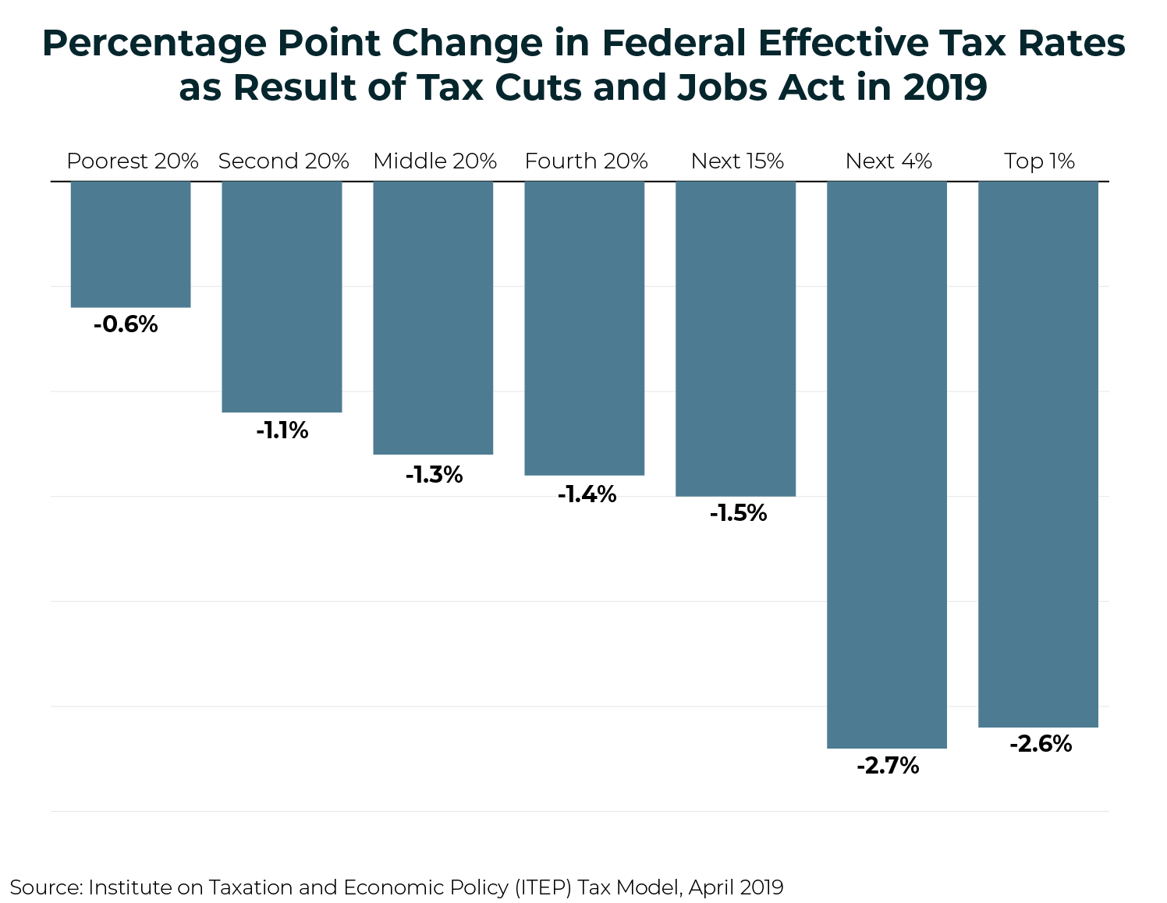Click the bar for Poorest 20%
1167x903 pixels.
(130, 244)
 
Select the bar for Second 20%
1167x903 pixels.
(282, 296)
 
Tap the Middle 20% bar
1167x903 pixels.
(433, 317)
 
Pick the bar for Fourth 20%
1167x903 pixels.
(584, 328)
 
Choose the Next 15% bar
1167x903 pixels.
(736, 338)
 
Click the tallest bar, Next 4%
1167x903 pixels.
(887, 465)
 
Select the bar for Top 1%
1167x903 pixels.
(1038, 454)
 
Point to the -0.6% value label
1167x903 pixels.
(126, 324)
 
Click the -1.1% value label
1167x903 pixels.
(282, 430)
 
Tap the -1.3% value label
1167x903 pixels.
(434, 474)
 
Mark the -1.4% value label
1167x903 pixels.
(587, 494)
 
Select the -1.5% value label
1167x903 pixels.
(738, 513)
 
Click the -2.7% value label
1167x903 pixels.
(888, 766)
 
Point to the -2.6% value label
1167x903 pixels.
(1041, 744)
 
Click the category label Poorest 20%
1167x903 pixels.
(132, 161)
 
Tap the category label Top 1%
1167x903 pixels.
(1039, 161)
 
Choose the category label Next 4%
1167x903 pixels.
(889, 161)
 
